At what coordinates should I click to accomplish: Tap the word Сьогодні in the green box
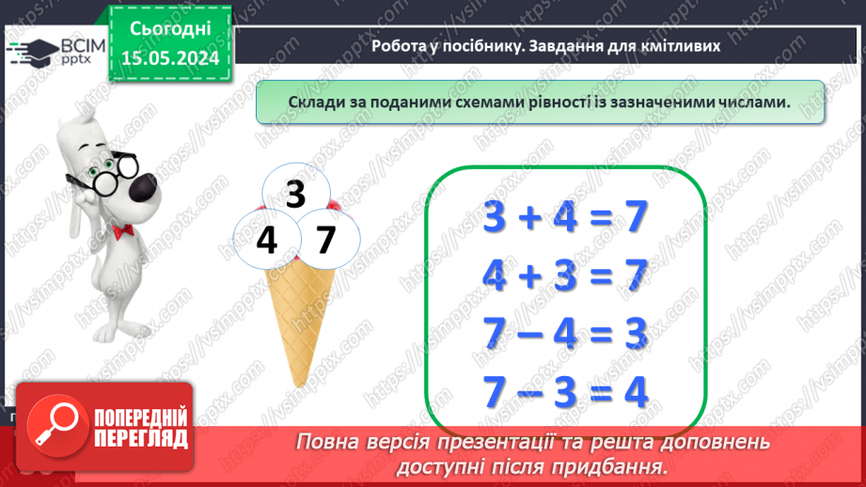[x=171, y=29]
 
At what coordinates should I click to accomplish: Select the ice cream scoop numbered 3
[x=295, y=194]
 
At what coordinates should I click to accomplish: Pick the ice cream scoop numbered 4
[x=266, y=241]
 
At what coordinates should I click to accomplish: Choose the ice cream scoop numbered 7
[x=325, y=241]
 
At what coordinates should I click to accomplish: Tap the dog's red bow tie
[x=119, y=230]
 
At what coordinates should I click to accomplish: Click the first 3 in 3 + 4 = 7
[x=494, y=219]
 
